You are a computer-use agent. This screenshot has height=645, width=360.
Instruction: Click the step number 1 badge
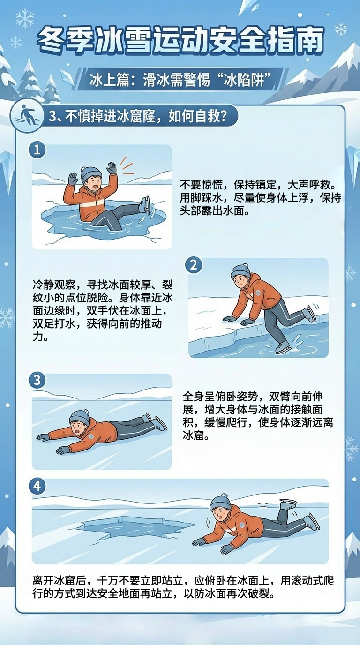click(37, 150)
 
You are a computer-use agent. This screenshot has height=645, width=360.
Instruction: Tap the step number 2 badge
click(194, 264)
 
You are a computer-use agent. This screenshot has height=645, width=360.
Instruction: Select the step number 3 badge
click(37, 380)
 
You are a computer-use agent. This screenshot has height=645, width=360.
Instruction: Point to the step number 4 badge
click(37, 487)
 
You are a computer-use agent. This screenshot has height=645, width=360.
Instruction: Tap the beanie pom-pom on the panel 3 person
click(86, 412)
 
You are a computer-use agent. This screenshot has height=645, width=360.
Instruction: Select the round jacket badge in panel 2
click(258, 293)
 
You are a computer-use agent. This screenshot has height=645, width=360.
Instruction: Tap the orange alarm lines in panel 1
click(126, 166)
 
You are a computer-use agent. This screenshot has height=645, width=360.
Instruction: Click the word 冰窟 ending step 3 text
click(194, 435)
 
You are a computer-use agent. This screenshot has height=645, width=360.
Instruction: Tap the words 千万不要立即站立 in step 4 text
click(141, 581)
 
